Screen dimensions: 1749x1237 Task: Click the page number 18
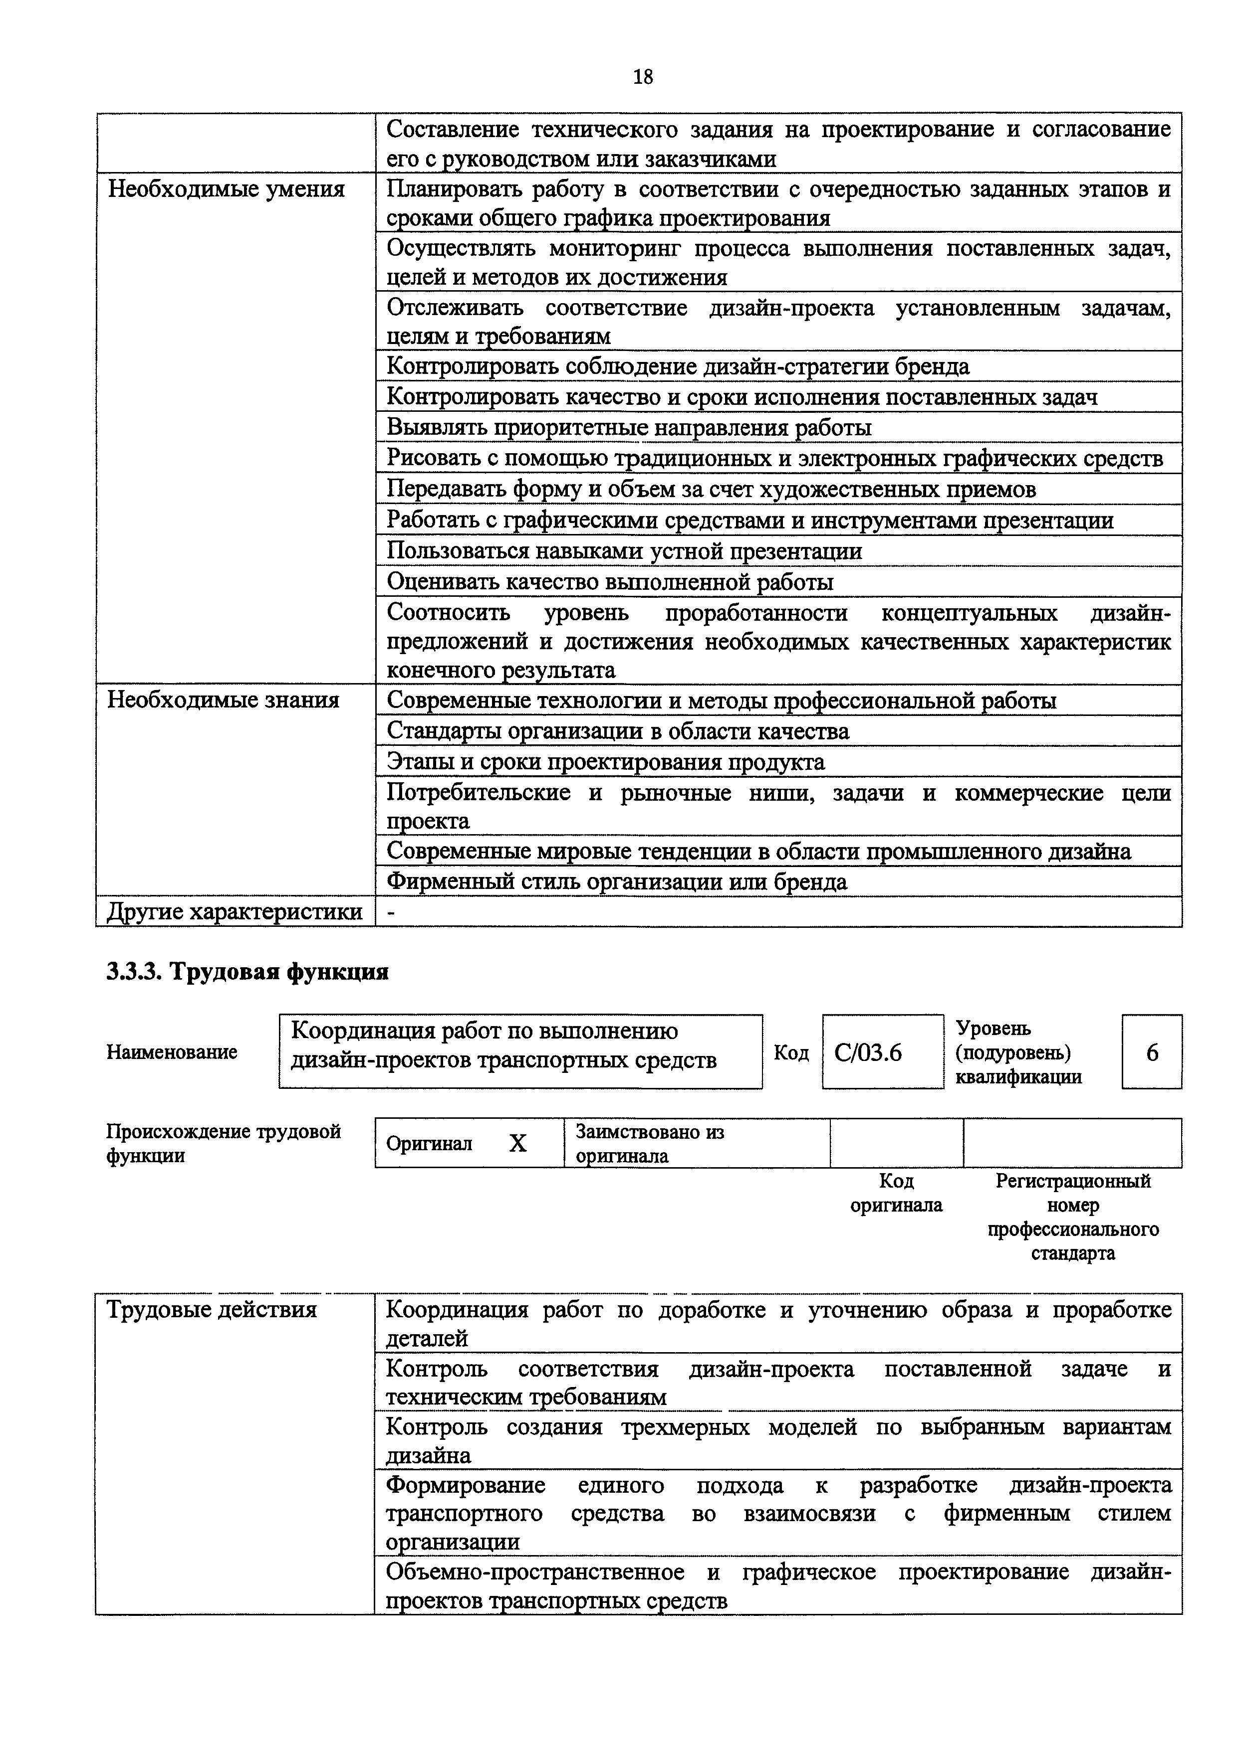(643, 77)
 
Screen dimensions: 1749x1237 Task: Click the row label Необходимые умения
(227, 189)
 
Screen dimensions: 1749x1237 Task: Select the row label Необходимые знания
(224, 700)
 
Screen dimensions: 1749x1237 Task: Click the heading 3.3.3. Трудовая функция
(247, 972)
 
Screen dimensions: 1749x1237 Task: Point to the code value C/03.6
(868, 1052)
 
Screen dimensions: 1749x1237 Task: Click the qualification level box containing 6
(1152, 1052)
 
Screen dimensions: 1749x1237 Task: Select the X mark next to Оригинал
(517, 1143)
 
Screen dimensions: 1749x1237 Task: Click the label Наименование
(172, 1052)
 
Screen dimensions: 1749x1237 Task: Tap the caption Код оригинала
(896, 1193)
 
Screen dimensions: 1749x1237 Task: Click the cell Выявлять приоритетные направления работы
(629, 427)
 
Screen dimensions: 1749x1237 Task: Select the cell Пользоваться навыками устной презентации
(624, 551)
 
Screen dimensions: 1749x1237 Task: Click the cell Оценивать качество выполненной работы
(610, 582)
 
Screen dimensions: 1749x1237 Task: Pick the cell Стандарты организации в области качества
(617, 731)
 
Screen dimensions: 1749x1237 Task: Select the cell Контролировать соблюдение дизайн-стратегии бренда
(678, 366)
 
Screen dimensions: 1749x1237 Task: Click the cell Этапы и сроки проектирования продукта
(605, 762)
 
